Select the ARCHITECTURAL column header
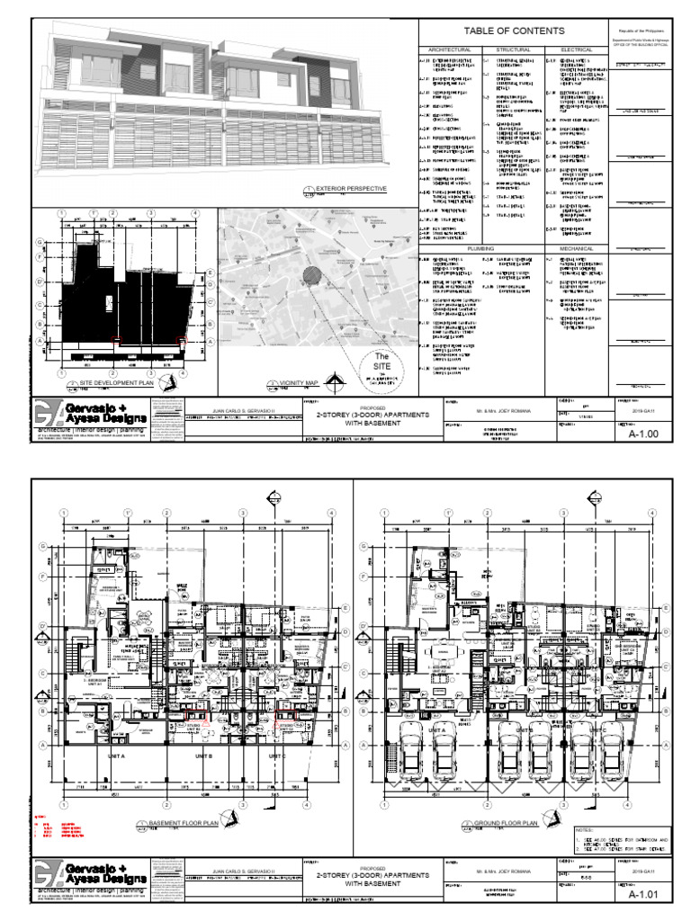[x=450, y=49]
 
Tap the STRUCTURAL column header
[x=514, y=49]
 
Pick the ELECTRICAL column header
[x=576, y=49]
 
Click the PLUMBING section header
[x=480, y=246]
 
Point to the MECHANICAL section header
[x=576, y=246]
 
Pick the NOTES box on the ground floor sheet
[x=620, y=840]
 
